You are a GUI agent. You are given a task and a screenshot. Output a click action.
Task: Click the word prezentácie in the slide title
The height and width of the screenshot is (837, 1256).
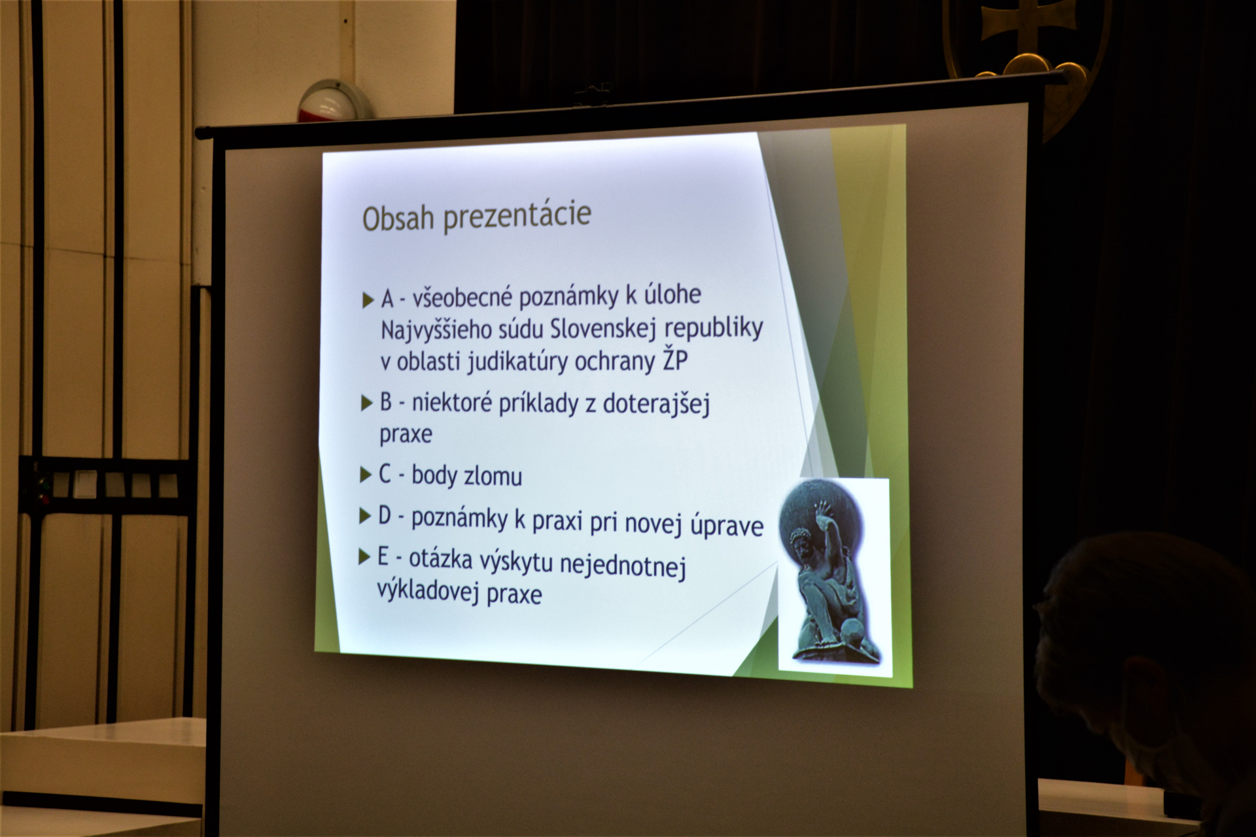(x=517, y=216)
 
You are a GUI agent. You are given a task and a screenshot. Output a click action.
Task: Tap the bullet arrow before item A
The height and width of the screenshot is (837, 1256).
(x=368, y=300)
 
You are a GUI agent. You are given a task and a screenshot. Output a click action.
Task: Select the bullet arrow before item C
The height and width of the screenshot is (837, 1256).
(x=366, y=475)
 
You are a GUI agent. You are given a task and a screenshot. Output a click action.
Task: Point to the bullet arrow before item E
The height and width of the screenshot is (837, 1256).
(x=364, y=557)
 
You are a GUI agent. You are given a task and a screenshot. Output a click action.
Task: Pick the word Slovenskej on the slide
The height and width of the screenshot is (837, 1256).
(x=602, y=328)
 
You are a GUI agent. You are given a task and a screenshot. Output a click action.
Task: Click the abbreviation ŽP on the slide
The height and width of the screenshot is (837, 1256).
(x=674, y=359)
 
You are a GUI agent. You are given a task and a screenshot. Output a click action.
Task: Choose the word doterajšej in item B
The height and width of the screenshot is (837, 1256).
(x=656, y=405)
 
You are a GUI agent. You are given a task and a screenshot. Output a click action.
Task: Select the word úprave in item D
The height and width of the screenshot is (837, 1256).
(x=727, y=526)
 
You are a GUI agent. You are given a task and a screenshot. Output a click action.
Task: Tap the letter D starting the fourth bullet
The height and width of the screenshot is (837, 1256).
(x=385, y=516)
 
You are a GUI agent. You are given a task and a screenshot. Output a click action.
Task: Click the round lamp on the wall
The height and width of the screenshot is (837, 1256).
(x=334, y=101)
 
